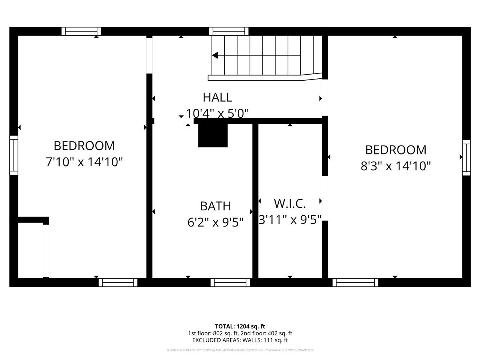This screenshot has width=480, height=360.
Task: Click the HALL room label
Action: point(217,97)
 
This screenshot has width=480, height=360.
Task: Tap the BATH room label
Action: point(215,206)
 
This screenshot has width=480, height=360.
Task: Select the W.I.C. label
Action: point(290,204)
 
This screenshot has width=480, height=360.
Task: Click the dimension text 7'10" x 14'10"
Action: point(84,162)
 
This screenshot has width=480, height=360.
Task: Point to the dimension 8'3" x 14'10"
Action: point(396,166)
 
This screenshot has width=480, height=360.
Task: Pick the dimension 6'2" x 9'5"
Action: point(216,222)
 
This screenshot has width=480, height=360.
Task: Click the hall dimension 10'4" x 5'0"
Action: point(217,113)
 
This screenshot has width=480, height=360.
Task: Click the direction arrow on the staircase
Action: point(215,55)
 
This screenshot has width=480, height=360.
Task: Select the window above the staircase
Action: point(229,31)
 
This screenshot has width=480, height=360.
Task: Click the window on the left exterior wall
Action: point(13,155)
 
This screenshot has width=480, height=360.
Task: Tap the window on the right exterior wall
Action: point(466,157)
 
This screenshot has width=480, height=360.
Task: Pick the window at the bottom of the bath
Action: point(230,282)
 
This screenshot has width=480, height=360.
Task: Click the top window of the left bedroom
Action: point(81,31)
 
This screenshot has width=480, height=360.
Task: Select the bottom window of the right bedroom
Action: point(355,282)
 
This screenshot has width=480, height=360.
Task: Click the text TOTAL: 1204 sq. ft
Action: point(240,326)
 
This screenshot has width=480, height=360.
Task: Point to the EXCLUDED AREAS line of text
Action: point(240,340)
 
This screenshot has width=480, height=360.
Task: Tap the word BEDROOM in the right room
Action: point(396,150)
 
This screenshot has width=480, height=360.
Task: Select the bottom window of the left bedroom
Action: point(118,282)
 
